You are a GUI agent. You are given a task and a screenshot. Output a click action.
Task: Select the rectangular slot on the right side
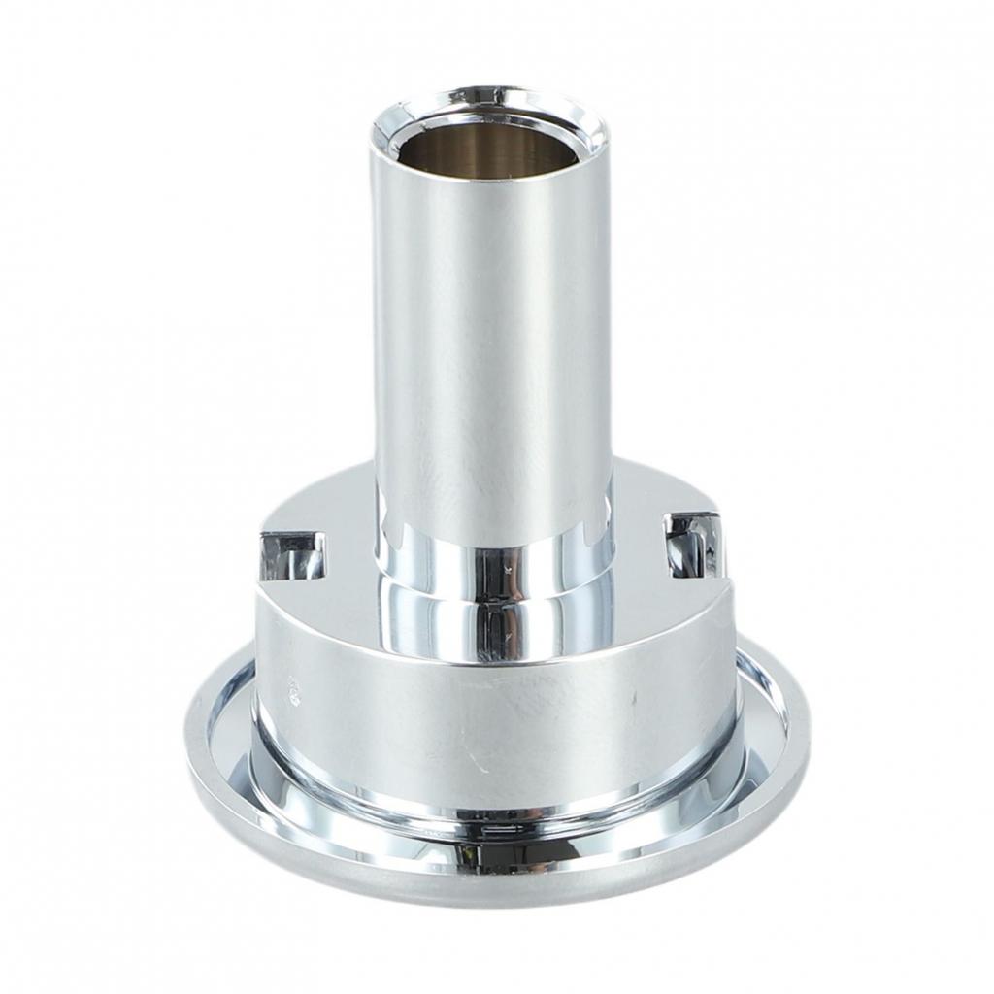691,541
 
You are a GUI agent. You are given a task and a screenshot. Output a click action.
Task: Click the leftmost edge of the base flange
189,738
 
